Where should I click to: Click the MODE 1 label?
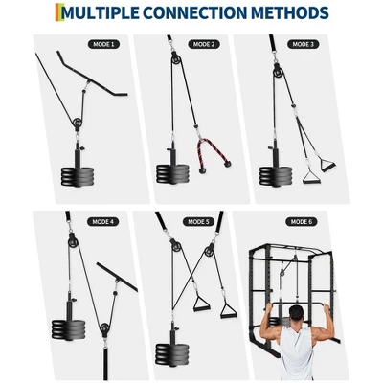pos(103,44)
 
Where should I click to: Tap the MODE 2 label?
pos(204,44)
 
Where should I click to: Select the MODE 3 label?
pos(304,44)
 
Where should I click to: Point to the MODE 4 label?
pos(102,221)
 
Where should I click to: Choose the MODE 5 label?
pos(198,221)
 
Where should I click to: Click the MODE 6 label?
pos(302,221)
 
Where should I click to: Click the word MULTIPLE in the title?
pos(101,12)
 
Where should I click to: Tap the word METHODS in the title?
pos(289,12)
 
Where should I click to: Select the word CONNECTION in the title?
pos(195,12)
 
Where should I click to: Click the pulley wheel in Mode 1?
pos(78,123)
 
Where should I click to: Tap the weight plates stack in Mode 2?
pos(172,174)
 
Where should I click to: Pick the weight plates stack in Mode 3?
pos(275,175)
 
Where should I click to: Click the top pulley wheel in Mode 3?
pos(279,69)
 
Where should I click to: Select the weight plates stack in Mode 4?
pos(68,329)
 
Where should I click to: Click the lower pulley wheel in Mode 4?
pos(105,328)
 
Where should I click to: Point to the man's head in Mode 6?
pos(297,314)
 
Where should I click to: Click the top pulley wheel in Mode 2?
pos(176,58)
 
